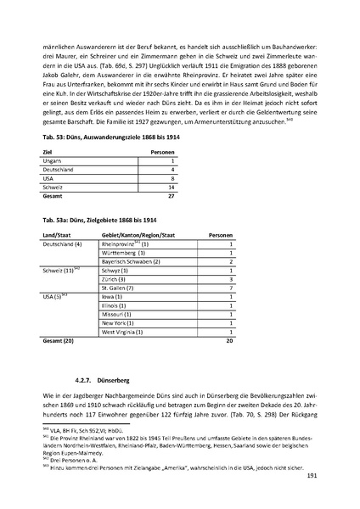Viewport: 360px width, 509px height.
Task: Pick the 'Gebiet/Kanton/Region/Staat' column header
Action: (x=138, y=235)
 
